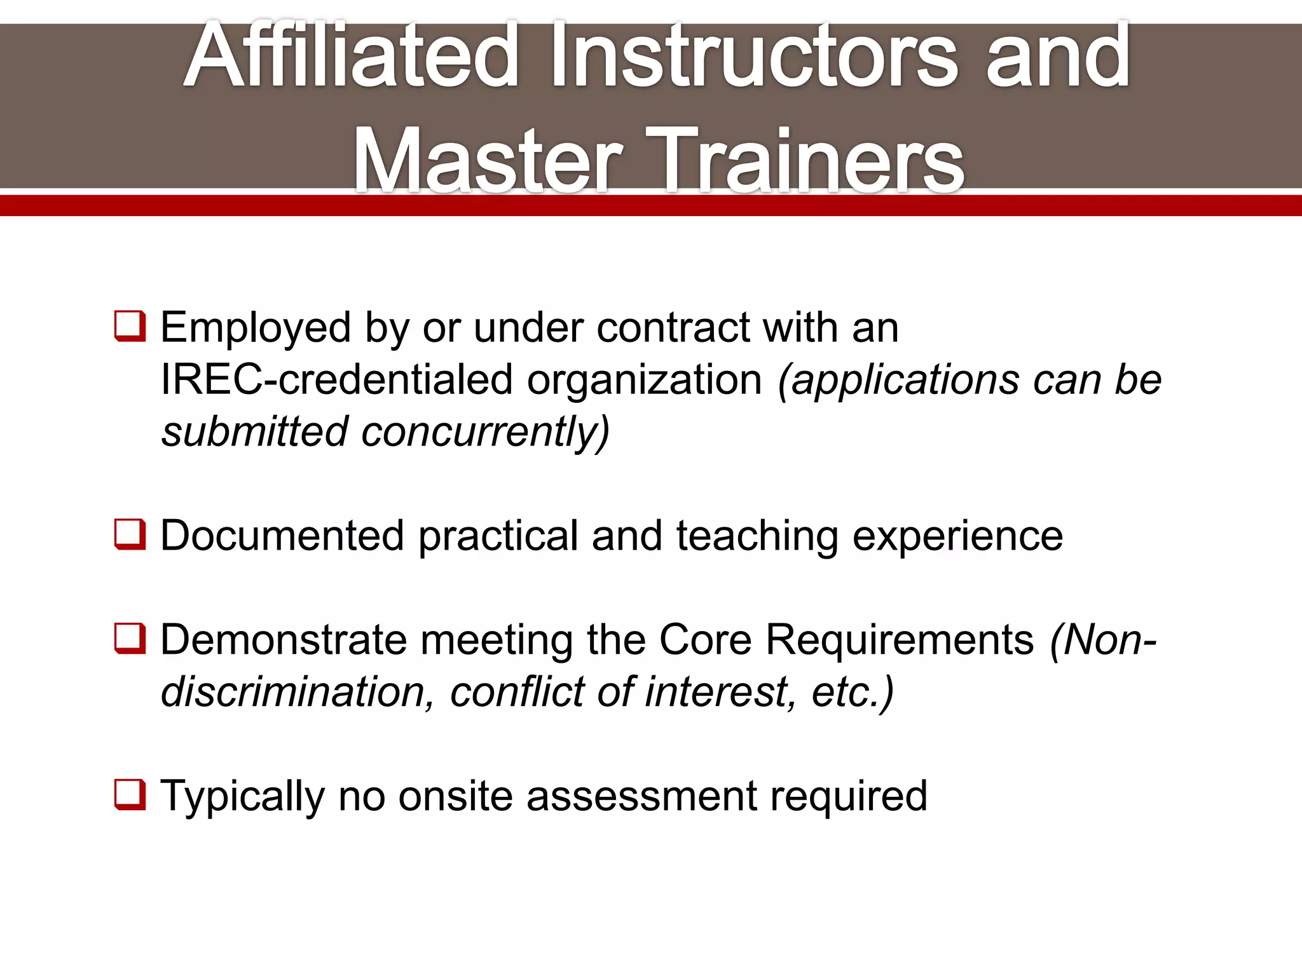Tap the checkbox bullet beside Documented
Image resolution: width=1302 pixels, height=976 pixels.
coord(130,534)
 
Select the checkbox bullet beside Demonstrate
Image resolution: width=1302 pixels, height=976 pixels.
coord(130,639)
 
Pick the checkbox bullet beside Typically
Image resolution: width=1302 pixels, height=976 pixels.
coord(130,795)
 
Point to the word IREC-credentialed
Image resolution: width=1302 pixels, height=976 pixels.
coord(336,380)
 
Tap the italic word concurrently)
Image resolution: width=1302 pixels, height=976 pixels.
coord(486,432)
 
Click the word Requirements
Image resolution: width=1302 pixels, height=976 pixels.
coord(900,640)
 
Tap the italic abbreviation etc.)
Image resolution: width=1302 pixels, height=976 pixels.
coord(853,691)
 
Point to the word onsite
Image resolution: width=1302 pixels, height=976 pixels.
coord(455,796)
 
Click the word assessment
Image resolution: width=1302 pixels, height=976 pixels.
coord(641,796)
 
